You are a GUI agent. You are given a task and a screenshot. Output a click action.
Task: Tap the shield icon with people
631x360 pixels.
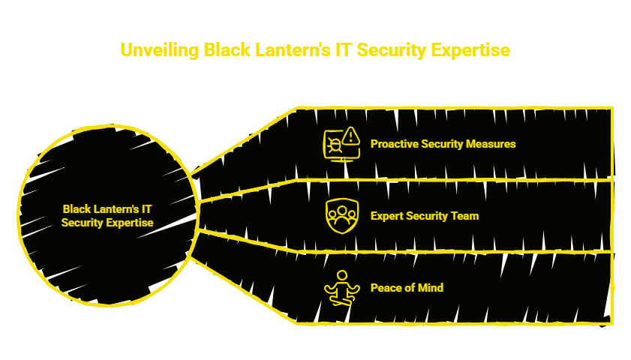pos(341,216)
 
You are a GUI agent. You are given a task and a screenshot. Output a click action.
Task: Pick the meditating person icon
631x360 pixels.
pos(341,288)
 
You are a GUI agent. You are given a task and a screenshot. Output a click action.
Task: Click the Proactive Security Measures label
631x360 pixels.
pos(443,143)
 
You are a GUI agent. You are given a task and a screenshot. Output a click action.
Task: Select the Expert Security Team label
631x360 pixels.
pos(424,216)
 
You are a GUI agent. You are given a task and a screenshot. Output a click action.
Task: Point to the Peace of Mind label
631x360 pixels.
pos(407,288)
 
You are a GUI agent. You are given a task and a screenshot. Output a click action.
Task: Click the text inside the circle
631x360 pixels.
pos(108,216)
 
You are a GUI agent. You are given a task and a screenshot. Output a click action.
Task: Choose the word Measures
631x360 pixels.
pos(492,143)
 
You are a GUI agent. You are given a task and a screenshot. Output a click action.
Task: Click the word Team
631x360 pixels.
pos(465,216)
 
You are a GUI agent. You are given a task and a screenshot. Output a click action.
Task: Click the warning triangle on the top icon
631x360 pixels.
pos(350,136)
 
